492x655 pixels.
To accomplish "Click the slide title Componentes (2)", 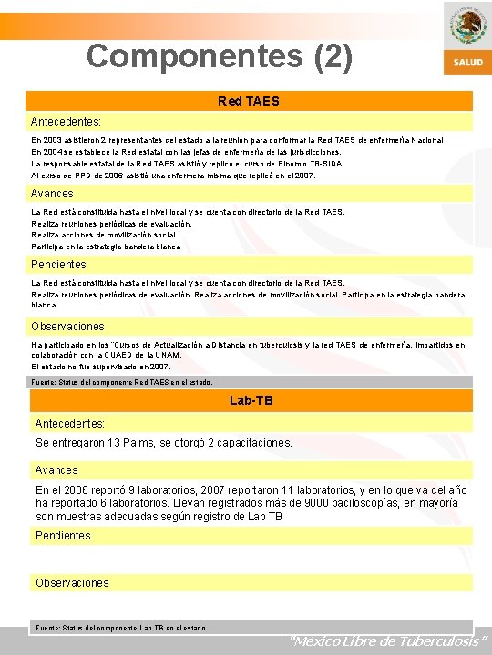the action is [x=219, y=56].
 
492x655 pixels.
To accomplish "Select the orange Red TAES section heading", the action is [x=249, y=101].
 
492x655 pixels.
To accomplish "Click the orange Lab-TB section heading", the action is [x=251, y=400].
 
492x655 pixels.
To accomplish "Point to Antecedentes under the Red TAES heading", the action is [x=67, y=120].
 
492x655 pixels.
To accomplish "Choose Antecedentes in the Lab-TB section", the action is [x=70, y=423].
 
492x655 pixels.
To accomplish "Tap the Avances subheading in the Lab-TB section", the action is [x=56, y=470].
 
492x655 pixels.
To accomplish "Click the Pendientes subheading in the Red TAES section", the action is [x=58, y=265].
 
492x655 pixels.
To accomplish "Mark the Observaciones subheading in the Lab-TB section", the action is [x=72, y=583].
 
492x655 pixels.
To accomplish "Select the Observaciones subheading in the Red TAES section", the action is [x=67, y=327].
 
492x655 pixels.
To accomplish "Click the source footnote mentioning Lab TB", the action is [x=121, y=628].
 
